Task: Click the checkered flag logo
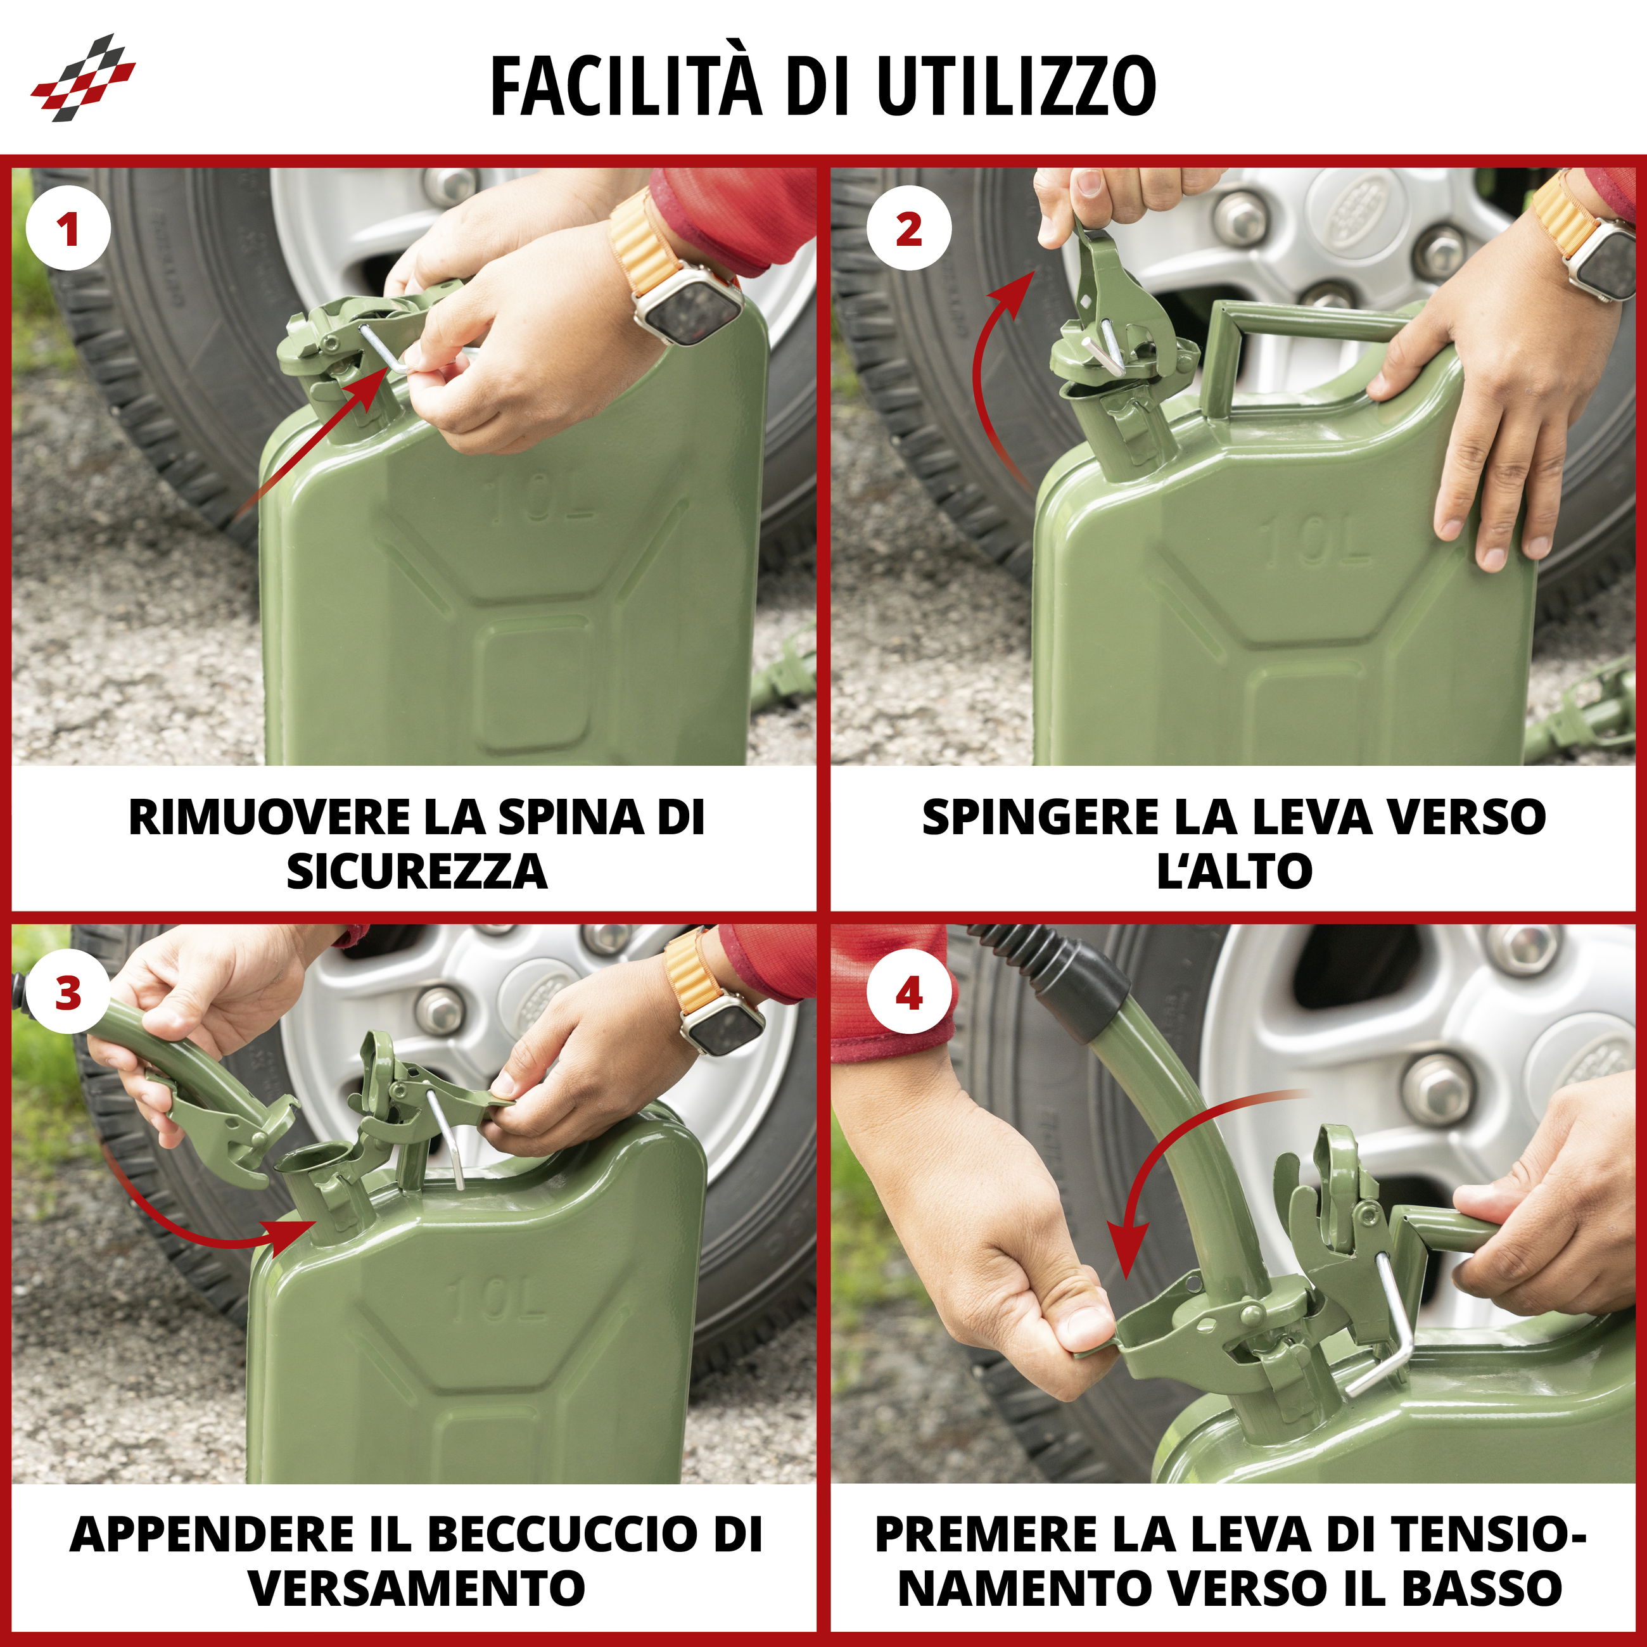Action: point(83,77)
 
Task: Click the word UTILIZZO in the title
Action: point(1015,86)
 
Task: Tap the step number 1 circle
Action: point(68,229)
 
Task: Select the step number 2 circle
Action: point(909,229)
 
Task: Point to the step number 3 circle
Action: point(68,994)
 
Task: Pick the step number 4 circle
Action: point(909,994)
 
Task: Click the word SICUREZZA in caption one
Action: point(416,871)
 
